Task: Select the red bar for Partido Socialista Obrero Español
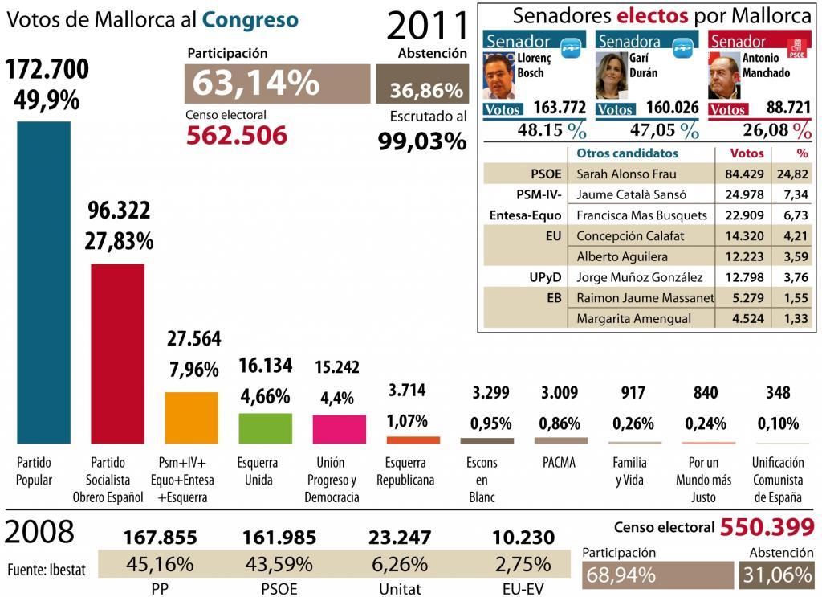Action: coord(117,354)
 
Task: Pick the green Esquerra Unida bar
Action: coord(266,428)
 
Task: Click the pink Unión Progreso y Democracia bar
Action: coord(339,429)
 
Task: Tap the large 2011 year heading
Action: coord(426,26)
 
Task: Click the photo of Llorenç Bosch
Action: coord(500,76)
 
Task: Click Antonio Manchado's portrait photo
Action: coord(725,76)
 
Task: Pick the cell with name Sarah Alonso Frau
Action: coord(627,174)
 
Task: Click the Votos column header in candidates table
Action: coord(740,153)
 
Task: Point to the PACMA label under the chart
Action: coord(558,463)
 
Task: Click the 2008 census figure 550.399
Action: coord(767,527)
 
